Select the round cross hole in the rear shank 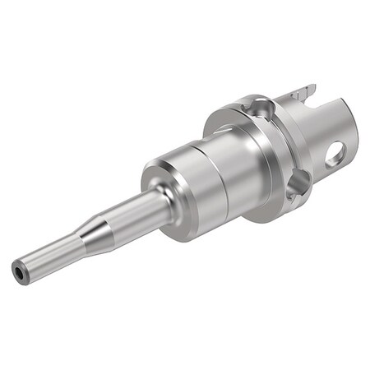(336, 153)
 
